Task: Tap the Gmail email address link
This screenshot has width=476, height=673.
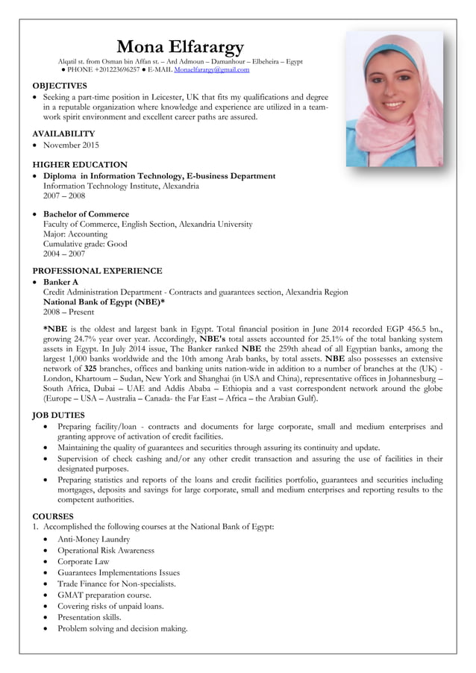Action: [x=211, y=69]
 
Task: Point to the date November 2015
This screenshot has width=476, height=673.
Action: [x=71, y=145]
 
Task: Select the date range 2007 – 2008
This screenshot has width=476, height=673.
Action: [x=64, y=195]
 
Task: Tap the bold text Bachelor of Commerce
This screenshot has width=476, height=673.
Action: [x=86, y=214]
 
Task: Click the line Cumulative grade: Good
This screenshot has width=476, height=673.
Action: [x=85, y=243]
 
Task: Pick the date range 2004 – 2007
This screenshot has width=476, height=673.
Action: [x=64, y=254]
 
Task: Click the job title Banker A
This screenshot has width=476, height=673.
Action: [x=61, y=282]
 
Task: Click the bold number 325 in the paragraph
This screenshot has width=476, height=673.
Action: [x=90, y=369]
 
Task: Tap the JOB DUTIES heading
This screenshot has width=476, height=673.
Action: [x=59, y=415]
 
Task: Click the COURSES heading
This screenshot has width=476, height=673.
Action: [x=53, y=516]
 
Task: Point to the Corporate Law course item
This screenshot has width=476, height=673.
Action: [x=84, y=561]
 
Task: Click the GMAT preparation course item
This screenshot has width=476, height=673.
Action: [x=104, y=595]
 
